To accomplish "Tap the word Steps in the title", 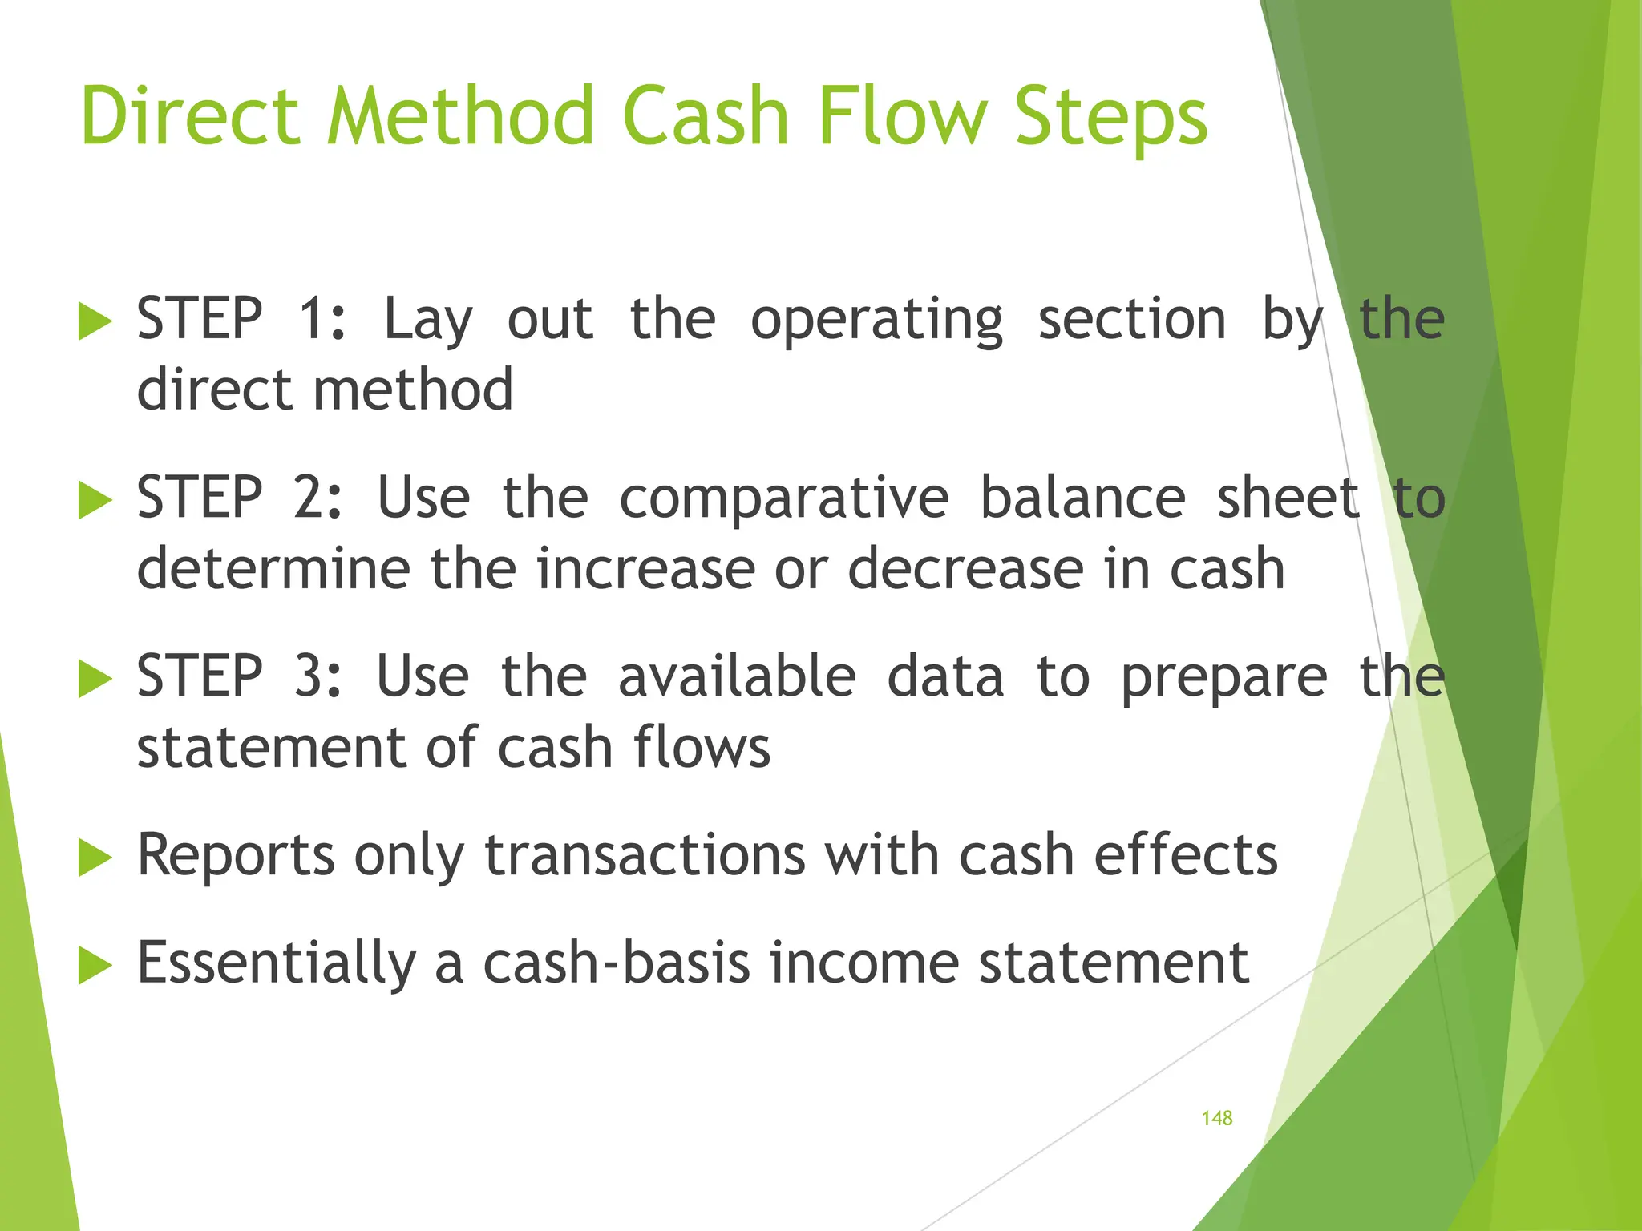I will (x=1110, y=117).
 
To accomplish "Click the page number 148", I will (x=1216, y=1118).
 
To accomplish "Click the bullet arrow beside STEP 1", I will (x=95, y=323).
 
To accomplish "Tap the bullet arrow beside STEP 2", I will (x=95, y=502).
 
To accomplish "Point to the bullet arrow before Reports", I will (x=95, y=859).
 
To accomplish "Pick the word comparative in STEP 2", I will (x=783, y=498).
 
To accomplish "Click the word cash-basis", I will (x=617, y=963).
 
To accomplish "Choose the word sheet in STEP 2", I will (x=1288, y=498).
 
